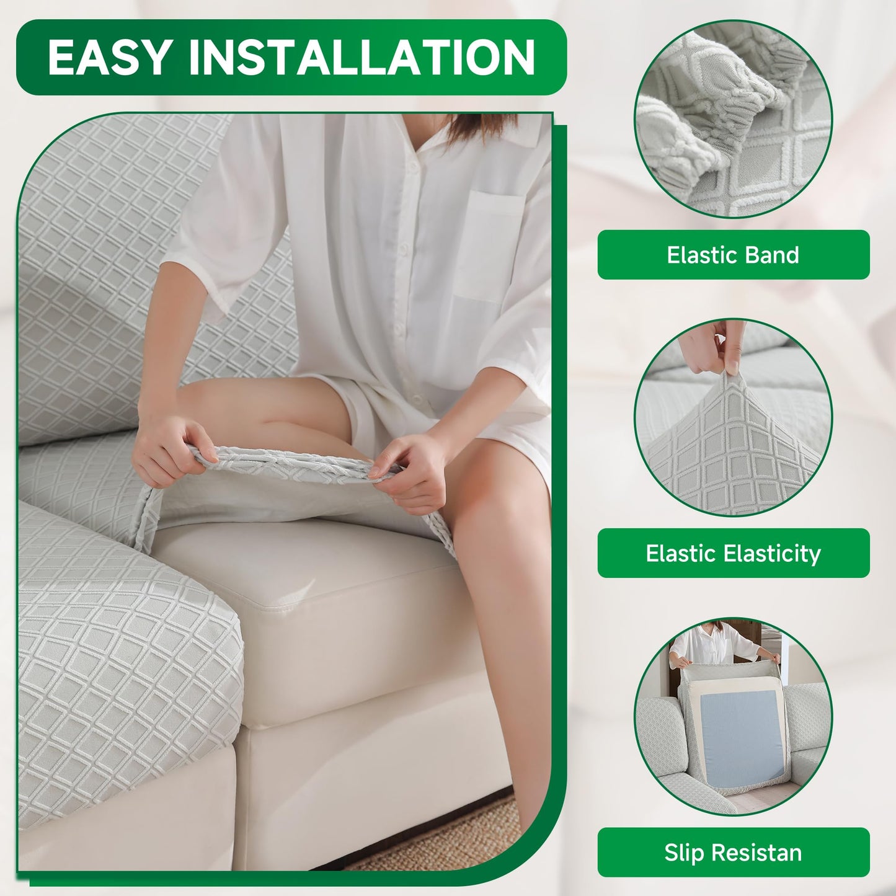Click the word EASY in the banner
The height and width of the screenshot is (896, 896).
[109, 57]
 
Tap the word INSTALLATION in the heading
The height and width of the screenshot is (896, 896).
[363, 57]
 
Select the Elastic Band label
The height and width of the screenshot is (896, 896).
[734, 255]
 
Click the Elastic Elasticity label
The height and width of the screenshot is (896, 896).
[734, 553]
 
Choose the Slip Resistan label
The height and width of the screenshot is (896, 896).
[734, 853]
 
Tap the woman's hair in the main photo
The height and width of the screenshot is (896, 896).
[479, 128]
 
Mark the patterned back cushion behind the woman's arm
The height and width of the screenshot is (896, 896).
[107, 279]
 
